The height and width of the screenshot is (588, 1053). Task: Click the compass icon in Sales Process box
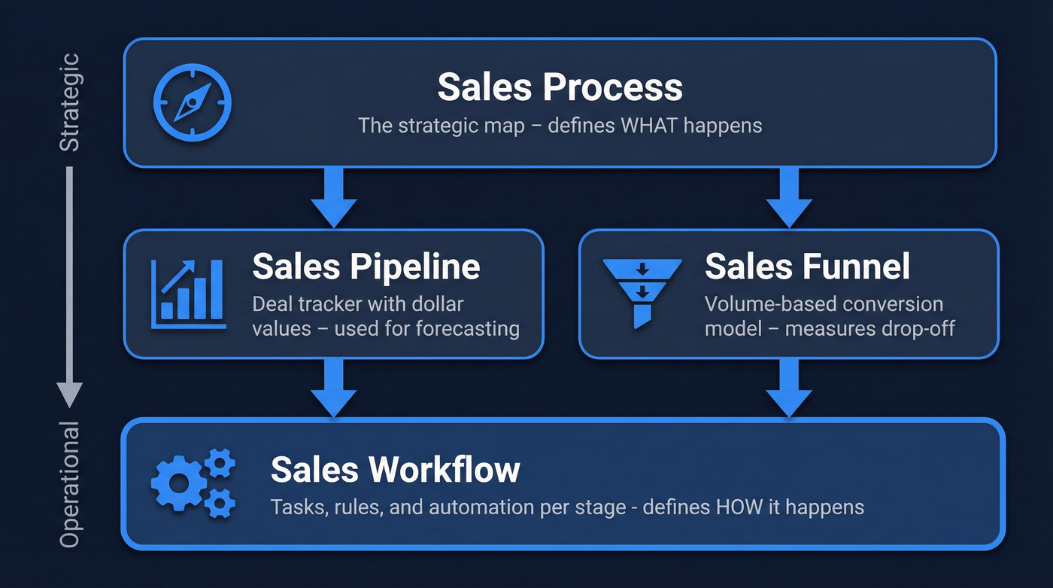coord(192,102)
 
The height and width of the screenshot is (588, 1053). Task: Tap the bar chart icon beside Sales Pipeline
coord(188,294)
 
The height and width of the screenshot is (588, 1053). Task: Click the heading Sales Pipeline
coord(366,266)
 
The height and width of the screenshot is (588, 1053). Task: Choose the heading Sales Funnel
coord(807,266)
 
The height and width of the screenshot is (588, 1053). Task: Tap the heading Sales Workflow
coord(395,469)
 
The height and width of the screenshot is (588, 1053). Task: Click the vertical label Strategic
coord(69,102)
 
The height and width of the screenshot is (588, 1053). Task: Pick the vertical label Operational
coord(69,486)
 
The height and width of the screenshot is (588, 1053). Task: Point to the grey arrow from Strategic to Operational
coord(69,286)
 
